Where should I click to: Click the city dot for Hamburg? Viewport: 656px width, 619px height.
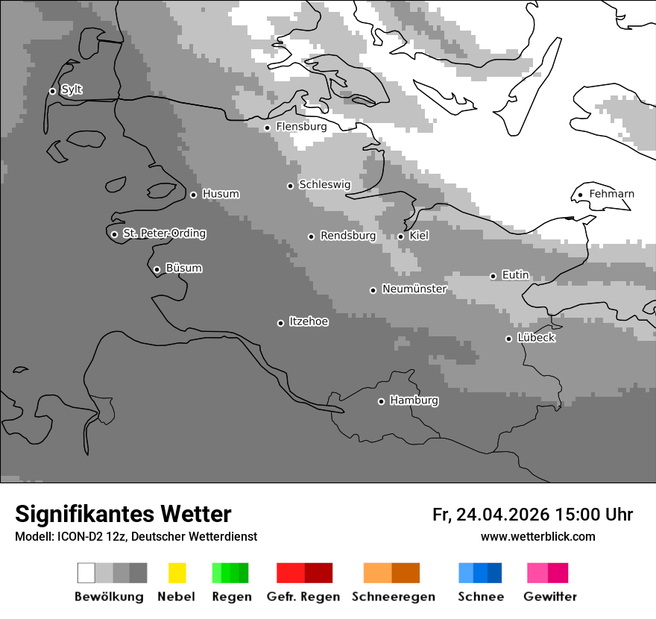coord(381,401)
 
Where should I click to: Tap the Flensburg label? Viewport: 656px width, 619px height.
coord(301,127)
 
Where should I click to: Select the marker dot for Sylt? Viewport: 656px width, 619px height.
coord(52,91)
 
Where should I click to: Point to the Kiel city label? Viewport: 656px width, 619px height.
coord(419,236)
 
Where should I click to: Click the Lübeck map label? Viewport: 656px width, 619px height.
coord(536,338)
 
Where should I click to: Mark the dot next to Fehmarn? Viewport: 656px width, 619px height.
coord(580,195)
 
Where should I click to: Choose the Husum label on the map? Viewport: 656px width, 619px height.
coord(221,194)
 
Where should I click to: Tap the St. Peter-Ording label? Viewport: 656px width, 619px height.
coord(164,233)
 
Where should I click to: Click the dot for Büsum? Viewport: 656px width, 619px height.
coord(157,269)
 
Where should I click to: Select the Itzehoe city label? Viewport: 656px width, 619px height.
coord(309,321)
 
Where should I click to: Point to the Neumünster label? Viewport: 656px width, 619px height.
coord(414,289)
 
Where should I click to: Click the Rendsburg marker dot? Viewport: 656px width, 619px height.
coord(311,236)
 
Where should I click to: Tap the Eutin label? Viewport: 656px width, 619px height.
coord(515,275)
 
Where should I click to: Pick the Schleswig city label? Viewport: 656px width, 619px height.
coord(324,184)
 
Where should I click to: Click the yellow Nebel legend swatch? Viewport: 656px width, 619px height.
coord(177,573)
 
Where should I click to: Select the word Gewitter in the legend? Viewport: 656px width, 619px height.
coord(550,597)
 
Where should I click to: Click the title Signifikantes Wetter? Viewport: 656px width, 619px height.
coord(123,514)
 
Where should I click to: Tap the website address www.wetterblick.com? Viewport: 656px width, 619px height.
coord(537,537)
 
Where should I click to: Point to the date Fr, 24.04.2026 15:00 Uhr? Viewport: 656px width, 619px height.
coord(532,515)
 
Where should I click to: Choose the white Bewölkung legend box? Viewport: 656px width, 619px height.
coord(86,573)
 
